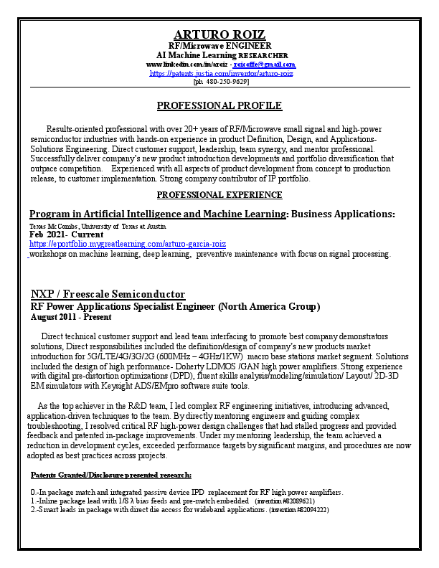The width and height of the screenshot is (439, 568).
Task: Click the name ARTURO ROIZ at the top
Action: tap(219, 35)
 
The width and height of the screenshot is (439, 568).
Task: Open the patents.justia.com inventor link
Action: tap(221, 73)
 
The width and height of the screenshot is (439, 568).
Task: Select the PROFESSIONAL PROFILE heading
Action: tap(219, 105)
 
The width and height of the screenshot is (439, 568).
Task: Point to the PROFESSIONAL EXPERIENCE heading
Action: tap(219, 194)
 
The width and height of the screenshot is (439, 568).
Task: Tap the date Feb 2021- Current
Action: tap(66, 235)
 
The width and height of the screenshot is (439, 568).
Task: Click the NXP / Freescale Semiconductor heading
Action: tap(108, 295)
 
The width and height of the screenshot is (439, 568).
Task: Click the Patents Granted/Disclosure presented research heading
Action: tap(111, 475)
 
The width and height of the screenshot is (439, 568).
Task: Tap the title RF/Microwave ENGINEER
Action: tap(219, 46)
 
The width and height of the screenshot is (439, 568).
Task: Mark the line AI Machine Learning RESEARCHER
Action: tap(222, 55)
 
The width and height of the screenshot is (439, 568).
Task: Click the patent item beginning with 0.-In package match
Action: tap(187, 492)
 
